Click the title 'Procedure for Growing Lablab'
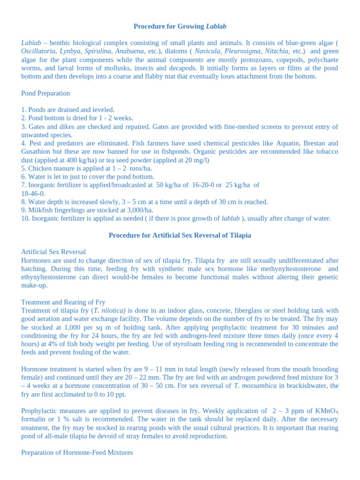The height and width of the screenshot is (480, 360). pos(180,26)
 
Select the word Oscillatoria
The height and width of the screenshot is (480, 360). pos(38,51)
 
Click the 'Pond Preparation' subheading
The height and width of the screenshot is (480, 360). pos(45,93)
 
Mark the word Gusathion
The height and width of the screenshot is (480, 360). pos(37,152)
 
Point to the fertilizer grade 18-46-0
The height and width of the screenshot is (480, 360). pos(33,194)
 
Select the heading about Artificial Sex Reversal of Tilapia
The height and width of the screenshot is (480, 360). pos(180,235)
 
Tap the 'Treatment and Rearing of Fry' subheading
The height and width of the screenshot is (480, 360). pos(63,302)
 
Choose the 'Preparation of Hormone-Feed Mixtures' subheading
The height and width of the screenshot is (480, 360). pos(77,453)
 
